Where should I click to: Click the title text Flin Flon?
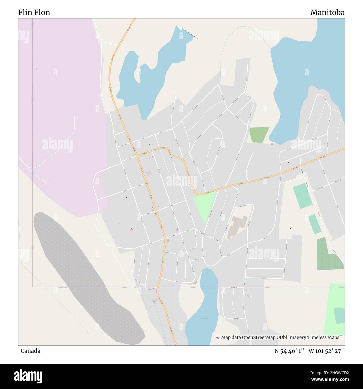(34, 12)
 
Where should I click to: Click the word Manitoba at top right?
(327, 12)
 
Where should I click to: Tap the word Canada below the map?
(30, 351)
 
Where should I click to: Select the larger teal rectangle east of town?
(302, 196)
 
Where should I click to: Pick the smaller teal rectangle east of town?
(315, 224)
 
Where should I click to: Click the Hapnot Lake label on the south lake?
(204, 318)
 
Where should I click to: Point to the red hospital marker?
(132, 228)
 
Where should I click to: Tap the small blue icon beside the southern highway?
(153, 301)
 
